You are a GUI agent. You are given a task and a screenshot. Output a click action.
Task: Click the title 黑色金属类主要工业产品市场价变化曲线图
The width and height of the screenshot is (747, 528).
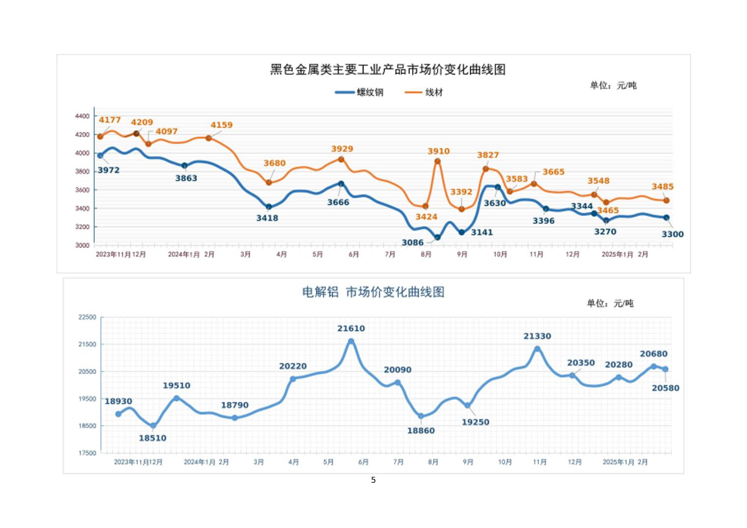(x=388, y=70)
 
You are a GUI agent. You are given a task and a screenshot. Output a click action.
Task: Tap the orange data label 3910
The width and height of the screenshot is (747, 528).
(x=438, y=151)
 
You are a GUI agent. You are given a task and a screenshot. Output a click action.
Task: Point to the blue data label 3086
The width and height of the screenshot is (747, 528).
(x=412, y=242)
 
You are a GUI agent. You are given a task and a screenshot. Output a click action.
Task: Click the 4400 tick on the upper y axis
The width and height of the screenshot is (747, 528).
(x=82, y=116)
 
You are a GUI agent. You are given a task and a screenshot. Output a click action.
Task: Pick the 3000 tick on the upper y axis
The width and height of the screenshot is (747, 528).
(x=82, y=245)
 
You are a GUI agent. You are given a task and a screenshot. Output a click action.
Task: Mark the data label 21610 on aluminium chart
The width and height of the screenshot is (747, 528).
(x=351, y=328)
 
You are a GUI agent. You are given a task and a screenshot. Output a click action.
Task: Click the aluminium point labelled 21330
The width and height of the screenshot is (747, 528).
(x=537, y=349)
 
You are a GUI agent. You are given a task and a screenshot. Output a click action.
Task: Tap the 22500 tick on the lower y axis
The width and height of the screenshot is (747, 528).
(x=87, y=318)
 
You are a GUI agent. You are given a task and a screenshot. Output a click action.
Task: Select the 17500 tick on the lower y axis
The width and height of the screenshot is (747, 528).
(x=87, y=453)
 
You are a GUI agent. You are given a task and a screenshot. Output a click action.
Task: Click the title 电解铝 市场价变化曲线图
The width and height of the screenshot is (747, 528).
(x=373, y=293)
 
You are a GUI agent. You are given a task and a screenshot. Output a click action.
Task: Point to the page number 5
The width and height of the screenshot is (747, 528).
(x=373, y=480)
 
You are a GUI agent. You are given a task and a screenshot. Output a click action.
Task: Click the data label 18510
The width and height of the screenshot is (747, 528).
(x=152, y=438)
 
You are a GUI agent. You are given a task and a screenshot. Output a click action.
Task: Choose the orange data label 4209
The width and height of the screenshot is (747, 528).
(x=142, y=122)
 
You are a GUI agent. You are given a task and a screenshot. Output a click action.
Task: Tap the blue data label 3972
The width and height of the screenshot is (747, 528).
(x=109, y=171)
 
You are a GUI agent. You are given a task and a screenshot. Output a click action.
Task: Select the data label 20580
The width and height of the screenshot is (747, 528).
(x=665, y=388)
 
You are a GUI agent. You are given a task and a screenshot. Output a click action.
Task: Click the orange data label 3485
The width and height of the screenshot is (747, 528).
(x=662, y=187)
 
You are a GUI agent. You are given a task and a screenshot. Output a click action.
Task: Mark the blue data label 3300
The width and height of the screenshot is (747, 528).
(x=672, y=235)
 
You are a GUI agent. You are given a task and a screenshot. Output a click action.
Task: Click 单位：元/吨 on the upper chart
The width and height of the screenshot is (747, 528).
(x=613, y=86)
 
